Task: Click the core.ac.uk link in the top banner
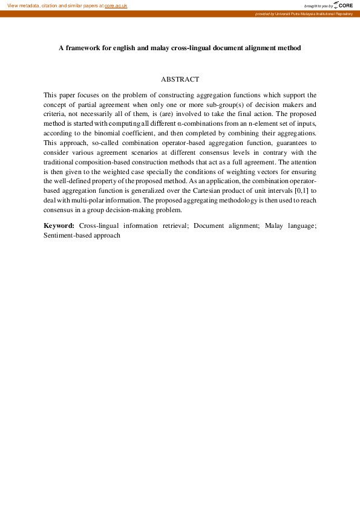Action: point(116,5)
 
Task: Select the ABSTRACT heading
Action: point(180,79)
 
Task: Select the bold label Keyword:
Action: point(59,225)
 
